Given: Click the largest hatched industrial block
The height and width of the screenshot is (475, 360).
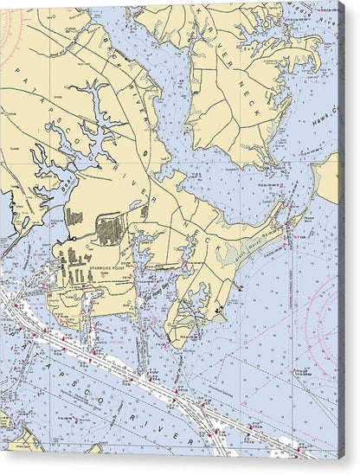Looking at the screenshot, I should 110,230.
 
